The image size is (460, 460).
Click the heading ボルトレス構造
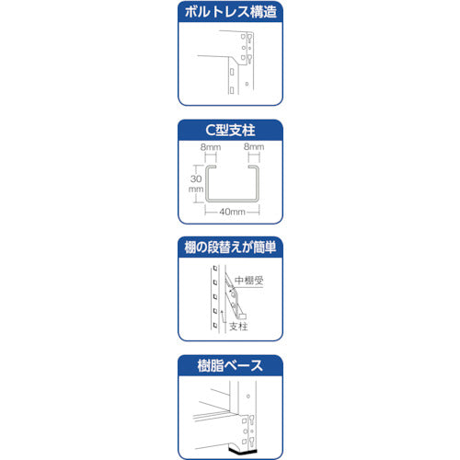[x=229, y=13]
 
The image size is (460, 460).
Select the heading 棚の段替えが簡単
[x=229, y=247]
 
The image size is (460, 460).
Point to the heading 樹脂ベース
[x=229, y=365]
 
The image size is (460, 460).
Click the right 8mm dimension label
[x=254, y=146]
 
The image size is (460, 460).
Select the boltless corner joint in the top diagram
[x=241, y=57]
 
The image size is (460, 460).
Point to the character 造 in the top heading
[x=273, y=13]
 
